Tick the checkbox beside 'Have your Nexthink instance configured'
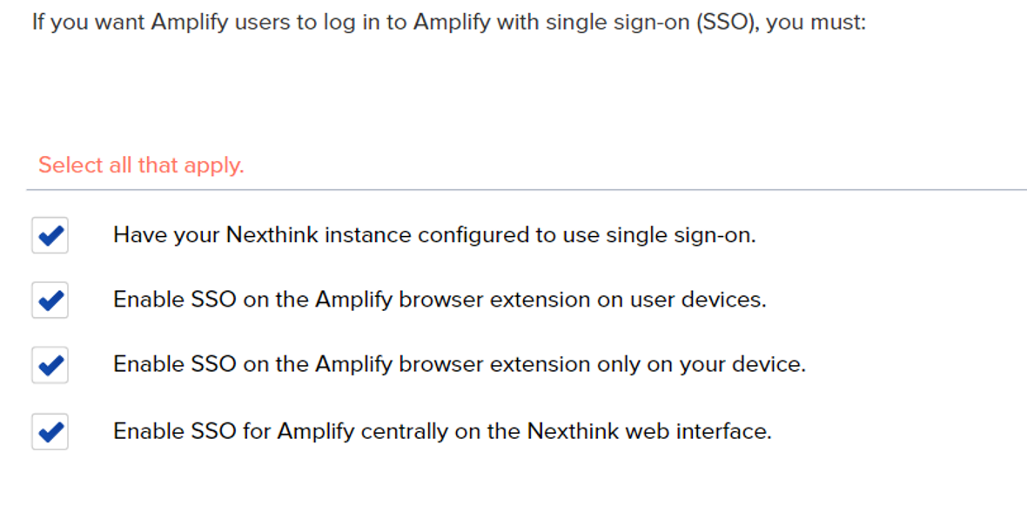tap(50, 236)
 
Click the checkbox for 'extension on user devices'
tap(50, 301)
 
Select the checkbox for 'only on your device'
tap(50, 365)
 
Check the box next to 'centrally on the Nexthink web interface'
tap(50, 432)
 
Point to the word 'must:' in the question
tap(841, 22)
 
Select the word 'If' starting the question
tap(38, 22)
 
